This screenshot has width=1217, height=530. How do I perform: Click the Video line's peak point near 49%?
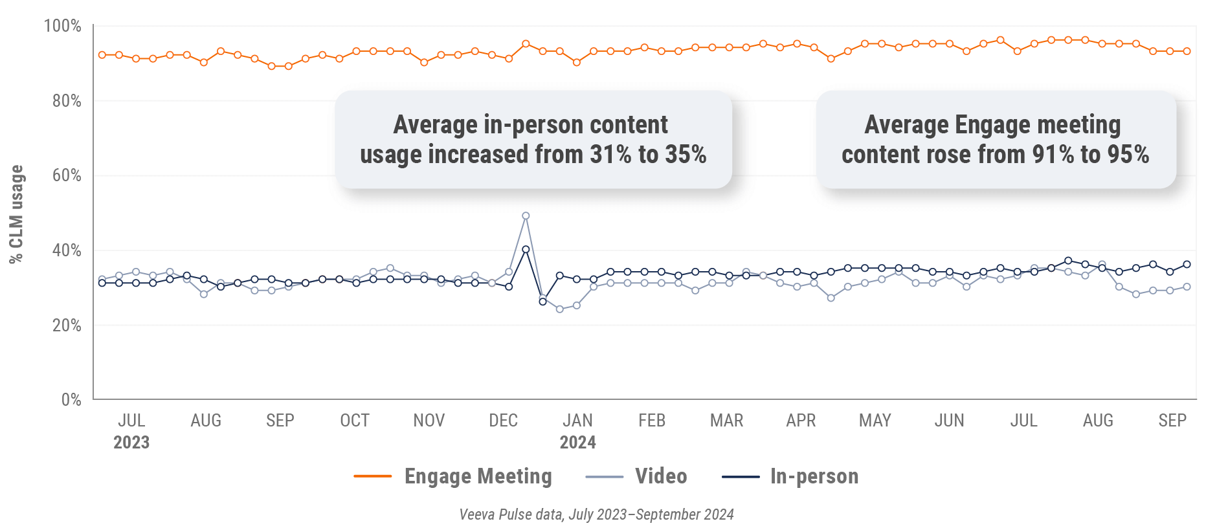coord(526,216)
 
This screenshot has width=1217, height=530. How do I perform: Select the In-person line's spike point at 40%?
coord(526,249)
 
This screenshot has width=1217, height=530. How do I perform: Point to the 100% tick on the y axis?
coord(62,26)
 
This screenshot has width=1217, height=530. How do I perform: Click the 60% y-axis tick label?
coord(67,175)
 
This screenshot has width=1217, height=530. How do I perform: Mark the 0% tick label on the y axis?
coord(71,399)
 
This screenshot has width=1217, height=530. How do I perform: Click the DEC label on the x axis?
coord(503,421)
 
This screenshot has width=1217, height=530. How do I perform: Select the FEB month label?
coord(652,421)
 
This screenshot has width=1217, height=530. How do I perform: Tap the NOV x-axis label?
coord(429,421)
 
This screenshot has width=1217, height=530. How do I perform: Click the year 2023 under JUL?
coord(131,443)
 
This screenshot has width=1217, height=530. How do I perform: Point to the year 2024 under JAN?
coord(577,443)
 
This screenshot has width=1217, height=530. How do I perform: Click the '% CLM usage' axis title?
coord(16,214)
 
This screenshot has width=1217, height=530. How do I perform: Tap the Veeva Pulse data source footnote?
coord(596,514)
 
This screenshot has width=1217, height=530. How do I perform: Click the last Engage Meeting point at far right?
coord(1187,51)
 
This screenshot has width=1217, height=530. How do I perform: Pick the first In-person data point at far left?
coord(102,283)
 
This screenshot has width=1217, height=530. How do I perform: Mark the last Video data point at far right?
coord(1187,287)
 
